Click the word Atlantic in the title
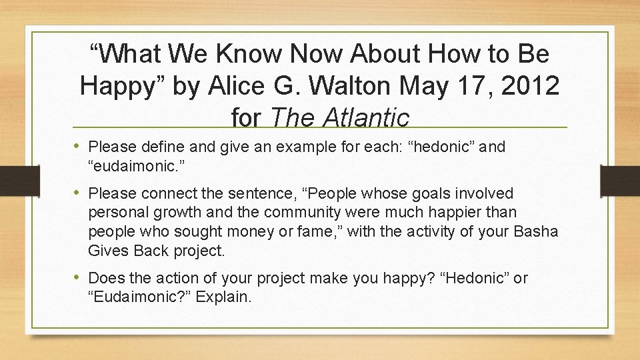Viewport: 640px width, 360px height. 366,118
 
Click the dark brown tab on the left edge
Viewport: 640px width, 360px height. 9,180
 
